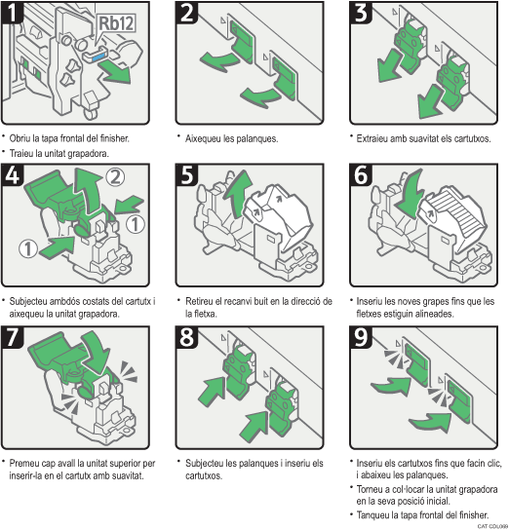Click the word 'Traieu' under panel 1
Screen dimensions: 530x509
[x=24, y=153]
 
